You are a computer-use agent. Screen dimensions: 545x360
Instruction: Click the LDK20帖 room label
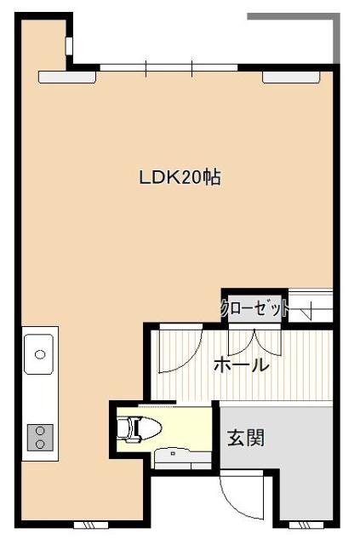click(180, 178)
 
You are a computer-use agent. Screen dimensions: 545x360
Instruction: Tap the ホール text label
click(241, 366)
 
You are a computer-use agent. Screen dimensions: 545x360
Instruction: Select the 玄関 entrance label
click(245, 438)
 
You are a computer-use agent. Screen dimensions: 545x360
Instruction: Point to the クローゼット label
click(254, 309)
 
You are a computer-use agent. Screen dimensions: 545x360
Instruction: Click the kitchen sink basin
click(39, 353)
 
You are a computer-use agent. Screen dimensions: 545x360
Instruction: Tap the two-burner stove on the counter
click(38, 437)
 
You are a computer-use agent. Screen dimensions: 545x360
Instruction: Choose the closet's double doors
click(256, 341)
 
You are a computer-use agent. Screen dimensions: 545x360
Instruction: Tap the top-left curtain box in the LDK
click(67, 77)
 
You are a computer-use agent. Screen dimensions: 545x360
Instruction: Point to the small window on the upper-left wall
click(68, 44)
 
